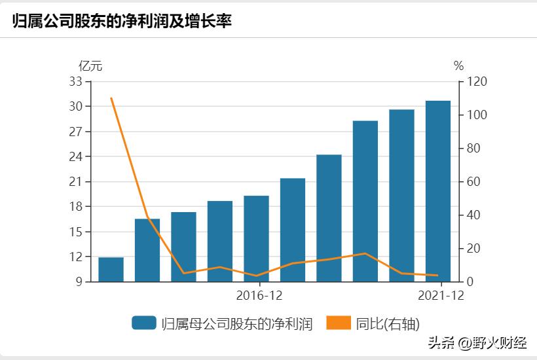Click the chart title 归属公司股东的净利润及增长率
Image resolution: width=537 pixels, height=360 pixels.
[x=122, y=20]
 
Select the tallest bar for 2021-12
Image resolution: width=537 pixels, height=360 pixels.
[x=438, y=191]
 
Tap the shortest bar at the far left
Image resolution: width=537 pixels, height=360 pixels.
[x=111, y=269]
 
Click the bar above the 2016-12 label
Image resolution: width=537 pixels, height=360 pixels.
[x=256, y=238]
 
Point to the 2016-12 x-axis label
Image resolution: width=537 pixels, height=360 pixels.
[x=259, y=295]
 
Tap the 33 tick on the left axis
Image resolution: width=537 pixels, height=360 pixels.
[x=76, y=82]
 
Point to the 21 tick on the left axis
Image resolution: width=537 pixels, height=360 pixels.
[x=76, y=182]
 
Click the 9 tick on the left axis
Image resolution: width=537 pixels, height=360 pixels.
[x=79, y=282]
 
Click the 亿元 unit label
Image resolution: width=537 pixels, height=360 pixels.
[x=90, y=65]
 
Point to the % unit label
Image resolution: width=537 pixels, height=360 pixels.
[x=458, y=65]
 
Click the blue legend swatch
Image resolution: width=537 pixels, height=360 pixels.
[x=143, y=323]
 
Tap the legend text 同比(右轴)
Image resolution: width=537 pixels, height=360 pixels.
[x=388, y=323]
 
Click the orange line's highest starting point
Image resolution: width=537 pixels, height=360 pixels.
[x=111, y=98]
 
